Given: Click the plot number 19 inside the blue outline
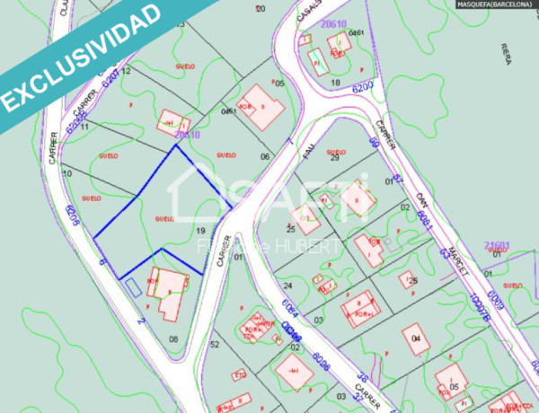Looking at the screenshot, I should click(201, 231).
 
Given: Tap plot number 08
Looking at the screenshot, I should click(172, 339).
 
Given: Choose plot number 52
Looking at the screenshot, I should click(214, 344).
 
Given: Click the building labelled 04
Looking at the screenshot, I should click(416, 338).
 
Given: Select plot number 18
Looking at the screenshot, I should click(335, 83).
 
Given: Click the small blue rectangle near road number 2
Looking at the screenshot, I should click(132, 286).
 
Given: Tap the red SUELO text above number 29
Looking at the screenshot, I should click(336, 153).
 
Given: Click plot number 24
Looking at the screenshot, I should click(315, 284).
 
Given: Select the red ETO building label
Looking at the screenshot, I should click(240, 374).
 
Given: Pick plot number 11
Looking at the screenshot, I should click(83, 127).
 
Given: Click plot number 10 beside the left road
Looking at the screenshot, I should click(67, 172).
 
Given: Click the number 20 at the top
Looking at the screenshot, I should click(261, 9).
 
